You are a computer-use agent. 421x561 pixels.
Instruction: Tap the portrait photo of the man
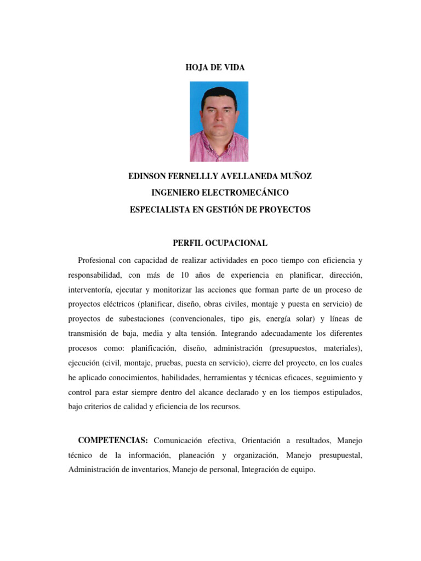(219, 121)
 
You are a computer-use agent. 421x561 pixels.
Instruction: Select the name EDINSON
(150, 176)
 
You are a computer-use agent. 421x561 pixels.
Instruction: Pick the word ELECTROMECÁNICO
(242, 193)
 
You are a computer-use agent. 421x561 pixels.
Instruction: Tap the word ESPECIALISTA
(161, 209)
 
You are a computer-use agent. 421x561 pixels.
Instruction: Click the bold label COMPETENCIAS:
(113, 440)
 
